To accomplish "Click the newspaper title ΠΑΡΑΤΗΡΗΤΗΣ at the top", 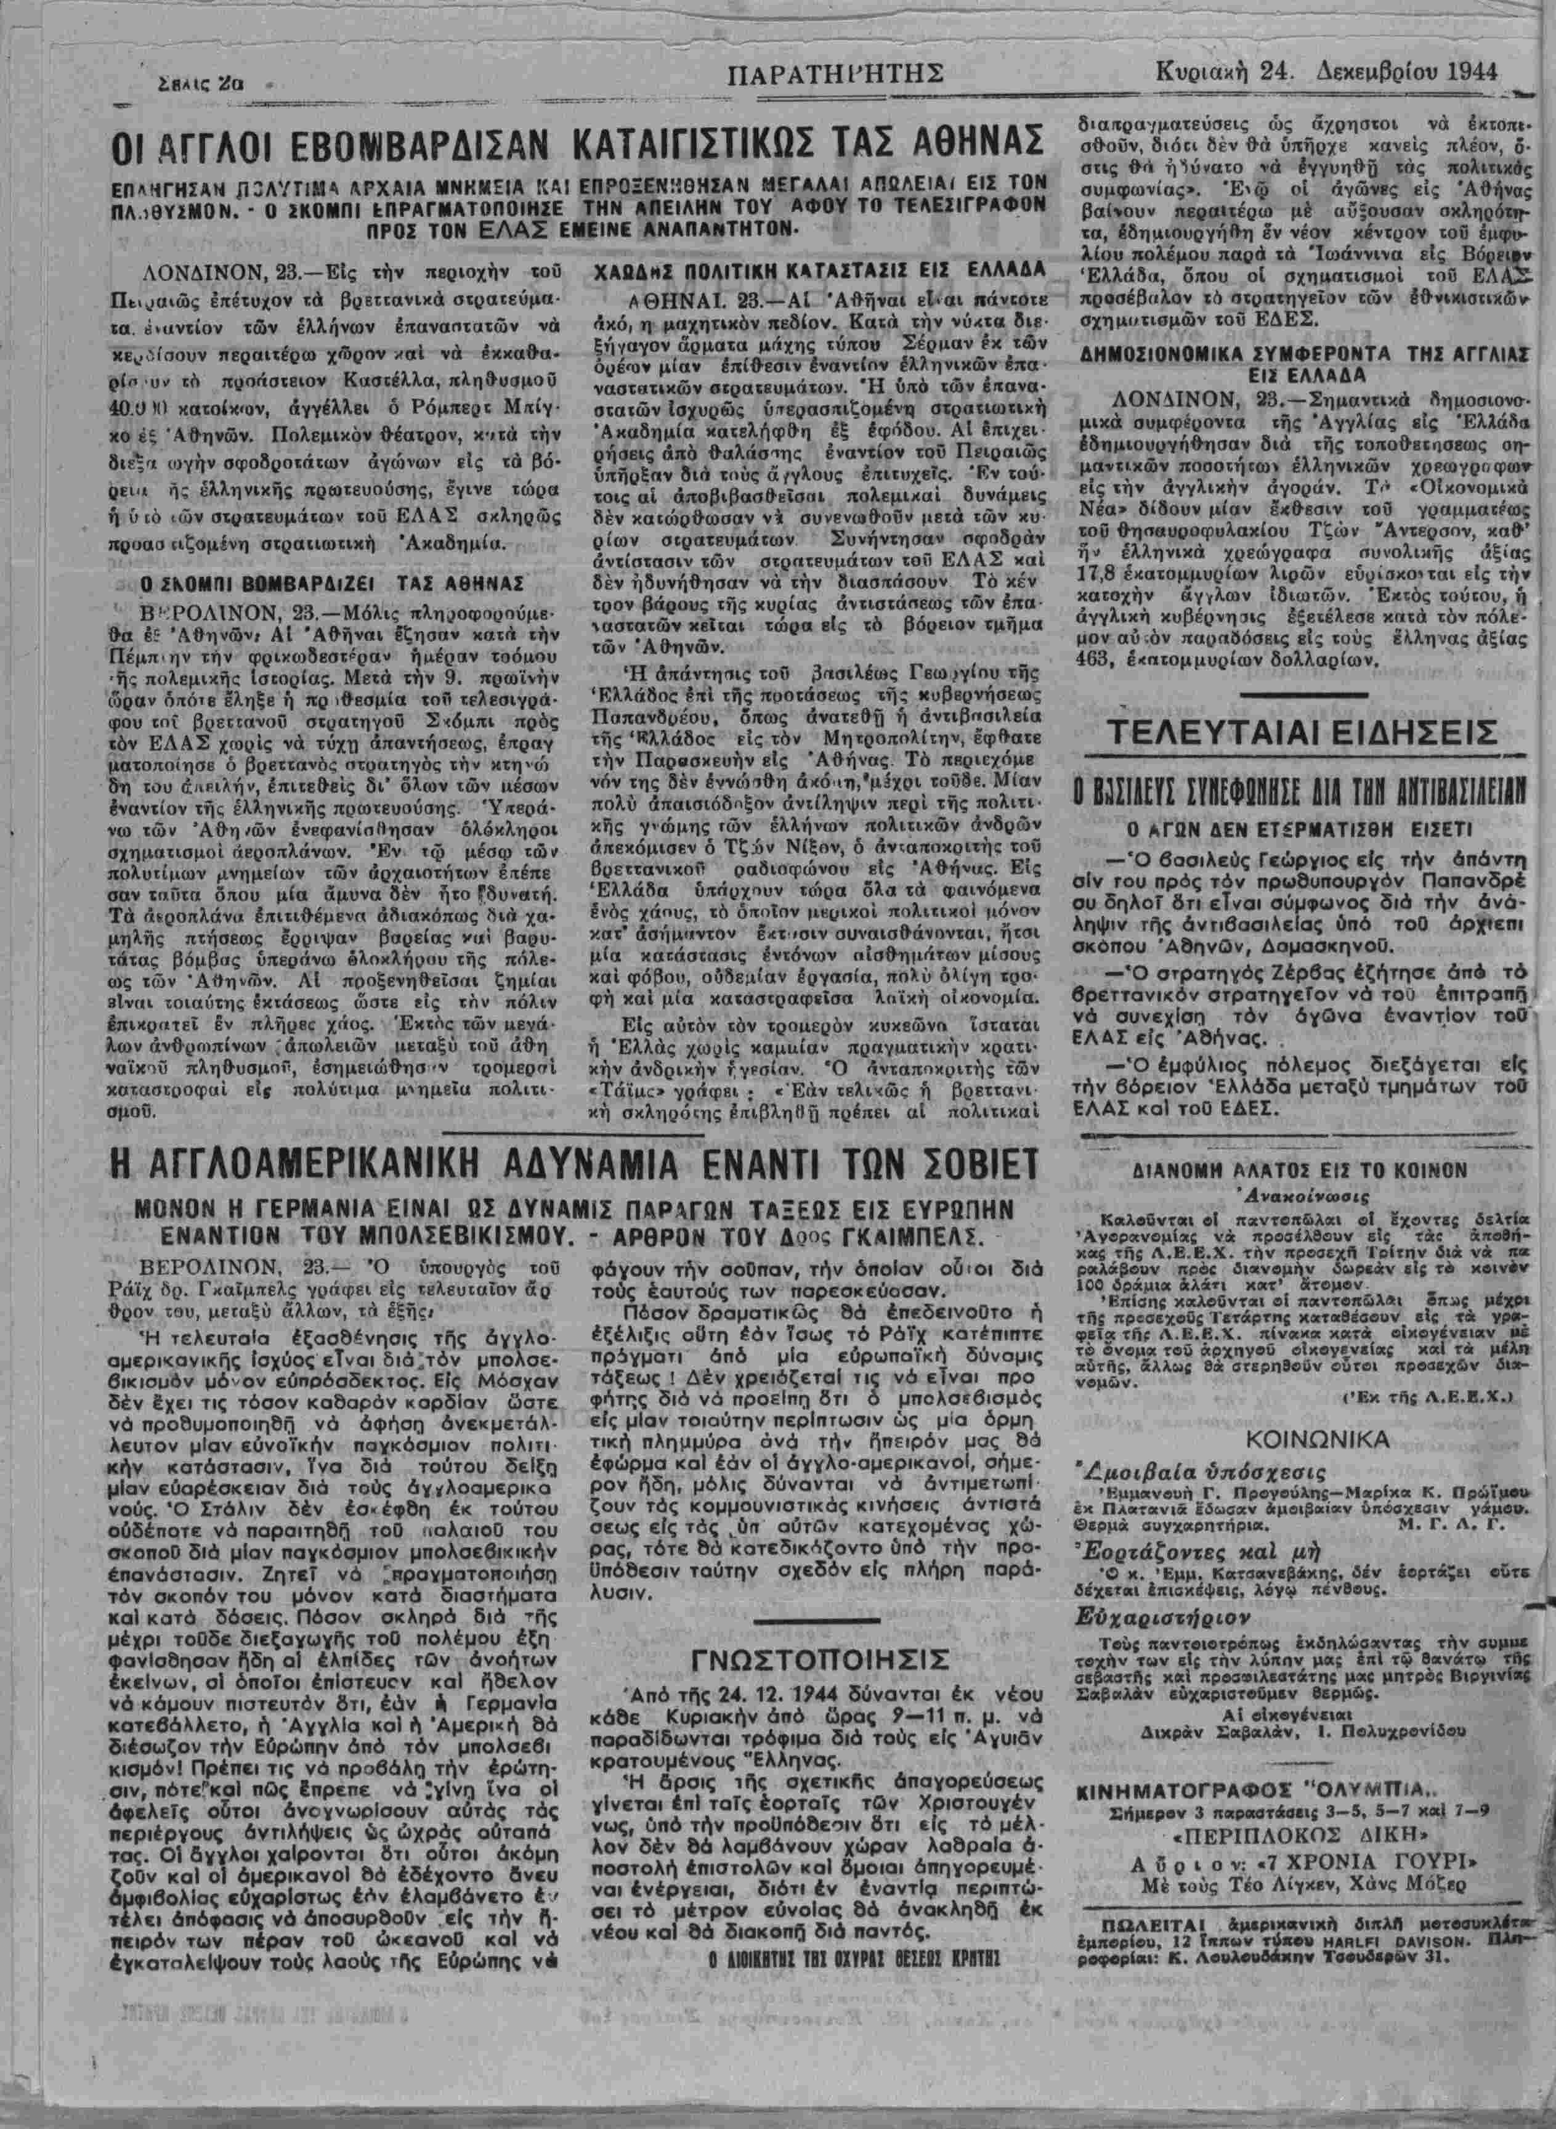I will pos(837,73).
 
